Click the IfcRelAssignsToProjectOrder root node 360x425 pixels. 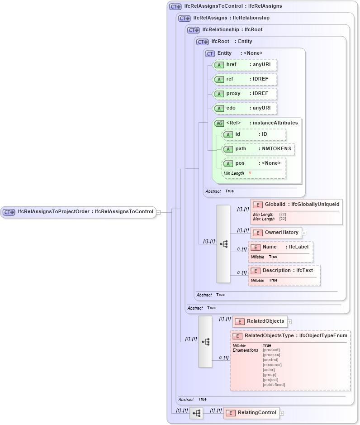78,211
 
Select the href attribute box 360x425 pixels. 245,65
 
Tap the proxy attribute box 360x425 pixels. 245,94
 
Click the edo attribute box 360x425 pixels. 245,108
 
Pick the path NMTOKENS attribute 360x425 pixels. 258,149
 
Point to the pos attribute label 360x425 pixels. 240,163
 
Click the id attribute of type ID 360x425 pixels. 254,134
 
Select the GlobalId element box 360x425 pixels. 296,205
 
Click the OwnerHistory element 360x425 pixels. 276,233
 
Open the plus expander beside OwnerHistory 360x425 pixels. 304,233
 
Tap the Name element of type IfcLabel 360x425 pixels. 280,247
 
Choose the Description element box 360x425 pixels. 284,271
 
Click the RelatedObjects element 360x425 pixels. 260,321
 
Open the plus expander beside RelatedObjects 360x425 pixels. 290,322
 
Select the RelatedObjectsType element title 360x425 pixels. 290,336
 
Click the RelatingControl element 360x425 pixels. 251,413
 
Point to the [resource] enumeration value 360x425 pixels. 272,365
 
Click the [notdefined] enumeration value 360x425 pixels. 274,385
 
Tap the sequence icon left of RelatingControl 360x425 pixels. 196,413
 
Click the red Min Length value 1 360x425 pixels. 250,173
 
